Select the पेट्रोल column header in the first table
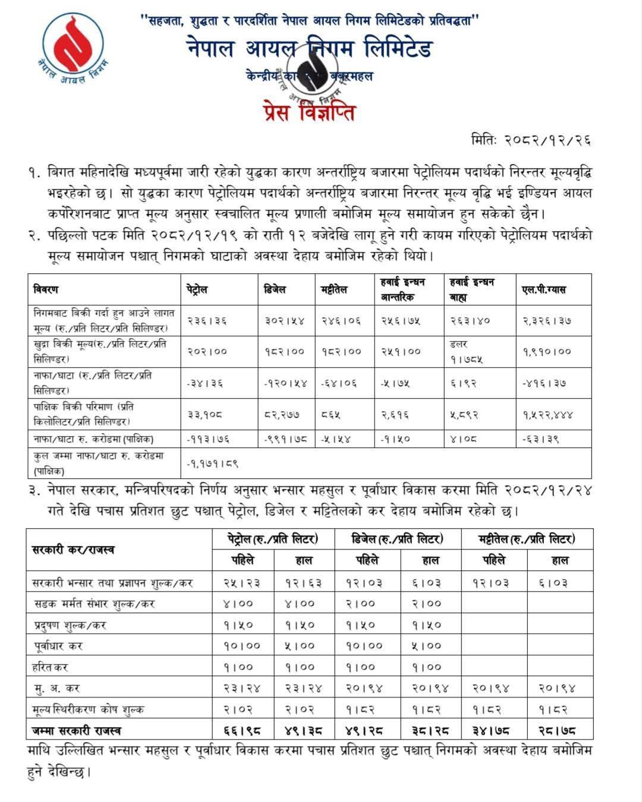tap(197, 289)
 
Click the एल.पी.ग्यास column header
tap(545, 289)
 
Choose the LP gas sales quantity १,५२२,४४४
tap(548, 415)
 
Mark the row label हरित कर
tap(51, 667)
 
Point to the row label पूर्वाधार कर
tap(58, 646)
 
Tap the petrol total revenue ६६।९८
tap(242, 730)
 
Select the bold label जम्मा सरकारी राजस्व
tap(77, 730)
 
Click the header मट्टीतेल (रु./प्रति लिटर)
tap(526, 539)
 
